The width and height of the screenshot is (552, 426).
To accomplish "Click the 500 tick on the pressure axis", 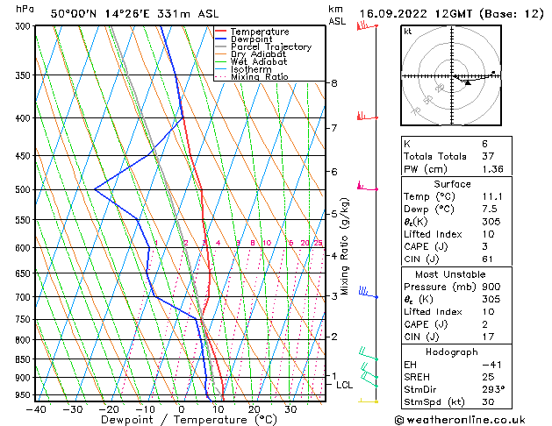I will click(x=23, y=189).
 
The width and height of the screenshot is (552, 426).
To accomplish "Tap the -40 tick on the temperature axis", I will click(x=36, y=409).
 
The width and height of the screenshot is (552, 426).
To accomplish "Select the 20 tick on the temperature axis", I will click(x=254, y=409).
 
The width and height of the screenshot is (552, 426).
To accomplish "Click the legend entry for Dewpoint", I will click(x=251, y=39).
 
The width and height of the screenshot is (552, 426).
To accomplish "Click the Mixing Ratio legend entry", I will click(x=259, y=77).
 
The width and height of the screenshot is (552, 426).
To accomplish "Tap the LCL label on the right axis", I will click(x=345, y=385).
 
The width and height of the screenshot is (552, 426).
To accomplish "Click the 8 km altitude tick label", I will click(x=333, y=83).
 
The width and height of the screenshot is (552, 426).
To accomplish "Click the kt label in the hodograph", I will click(x=408, y=32).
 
